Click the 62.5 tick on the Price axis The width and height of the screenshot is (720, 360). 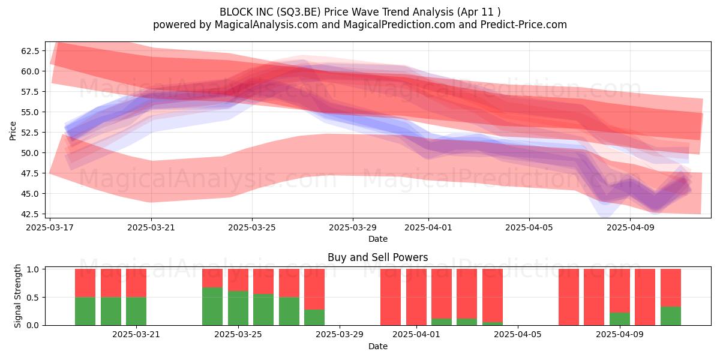click(30, 51)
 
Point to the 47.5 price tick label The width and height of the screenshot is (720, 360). click(30, 173)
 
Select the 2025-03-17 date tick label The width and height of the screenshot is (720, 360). click(50, 227)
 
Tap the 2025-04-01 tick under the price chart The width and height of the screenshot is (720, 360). click(428, 227)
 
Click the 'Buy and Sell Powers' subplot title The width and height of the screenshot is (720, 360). click(377, 257)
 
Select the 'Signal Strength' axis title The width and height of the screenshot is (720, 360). click(17, 296)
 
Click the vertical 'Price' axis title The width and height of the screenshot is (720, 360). click(13, 131)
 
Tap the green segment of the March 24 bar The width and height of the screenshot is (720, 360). click(212, 307)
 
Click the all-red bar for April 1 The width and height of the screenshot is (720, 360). click(416, 297)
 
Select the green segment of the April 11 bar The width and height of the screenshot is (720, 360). click(671, 316)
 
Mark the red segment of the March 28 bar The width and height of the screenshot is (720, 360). click(314, 289)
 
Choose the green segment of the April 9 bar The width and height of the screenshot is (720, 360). click(620, 319)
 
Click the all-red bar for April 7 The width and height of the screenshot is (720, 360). click(569, 297)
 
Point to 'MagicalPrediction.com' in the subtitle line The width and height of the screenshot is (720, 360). click(399, 25)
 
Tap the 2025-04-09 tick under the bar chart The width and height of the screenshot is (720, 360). click(620, 334)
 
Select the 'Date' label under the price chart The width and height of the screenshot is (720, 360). click(377, 239)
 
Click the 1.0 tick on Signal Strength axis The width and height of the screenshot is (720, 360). click(32, 269)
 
